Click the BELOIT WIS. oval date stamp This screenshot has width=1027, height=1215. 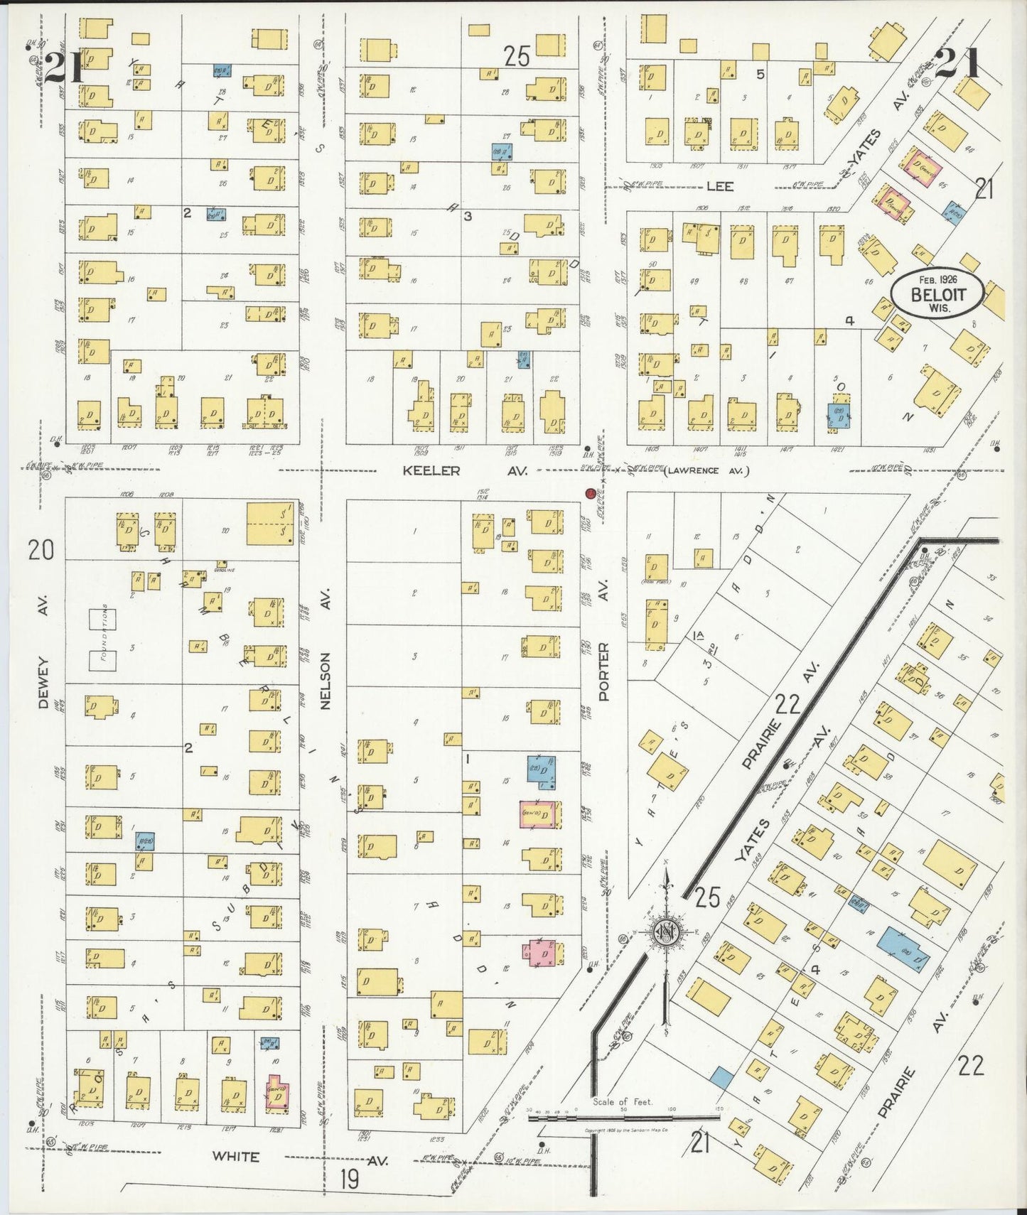[938, 294]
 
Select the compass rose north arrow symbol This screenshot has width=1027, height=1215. [667, 932]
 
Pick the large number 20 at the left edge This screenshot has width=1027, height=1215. [41, 549]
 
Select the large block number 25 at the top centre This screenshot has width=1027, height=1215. [517, 56]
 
